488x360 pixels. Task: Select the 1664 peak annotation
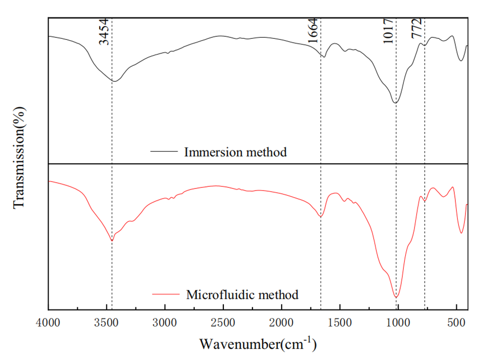[313, 31]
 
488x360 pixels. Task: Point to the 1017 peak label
[388, 31]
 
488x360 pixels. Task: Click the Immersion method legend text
[235, 152]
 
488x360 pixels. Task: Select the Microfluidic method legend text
[242, 295]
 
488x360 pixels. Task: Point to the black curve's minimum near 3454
[115, 81]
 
